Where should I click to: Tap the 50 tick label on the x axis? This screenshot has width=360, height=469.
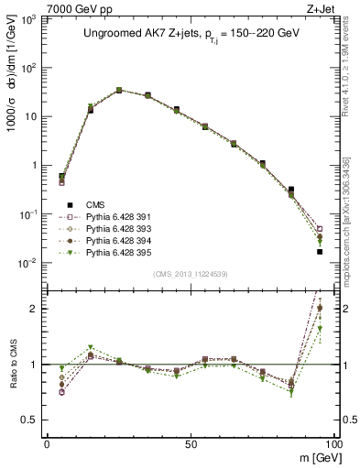190,444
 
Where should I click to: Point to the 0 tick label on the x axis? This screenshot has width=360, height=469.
47,444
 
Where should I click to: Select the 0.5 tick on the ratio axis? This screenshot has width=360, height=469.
33,420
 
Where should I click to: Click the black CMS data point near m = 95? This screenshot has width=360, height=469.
320,251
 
